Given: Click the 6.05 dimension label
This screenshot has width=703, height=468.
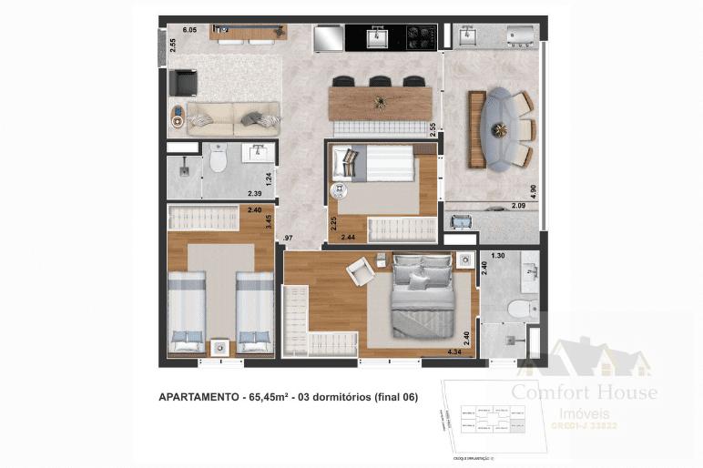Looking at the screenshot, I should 189,31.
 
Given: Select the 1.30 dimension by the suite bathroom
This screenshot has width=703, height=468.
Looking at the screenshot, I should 497,257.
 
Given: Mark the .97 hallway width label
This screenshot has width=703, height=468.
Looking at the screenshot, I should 288,238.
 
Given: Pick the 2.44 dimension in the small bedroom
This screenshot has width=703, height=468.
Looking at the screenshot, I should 348,237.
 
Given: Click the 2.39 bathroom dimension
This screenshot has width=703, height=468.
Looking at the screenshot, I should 256,193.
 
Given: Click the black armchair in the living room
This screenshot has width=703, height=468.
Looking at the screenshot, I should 184,82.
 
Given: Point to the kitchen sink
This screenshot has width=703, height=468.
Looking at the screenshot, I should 376,37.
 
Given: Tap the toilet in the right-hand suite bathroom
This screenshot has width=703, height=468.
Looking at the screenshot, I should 521,310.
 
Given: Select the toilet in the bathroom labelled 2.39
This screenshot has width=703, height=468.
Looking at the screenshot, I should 217,160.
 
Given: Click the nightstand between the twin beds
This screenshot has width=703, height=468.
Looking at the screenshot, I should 219,346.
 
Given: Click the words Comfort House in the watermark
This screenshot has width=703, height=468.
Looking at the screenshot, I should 584,392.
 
